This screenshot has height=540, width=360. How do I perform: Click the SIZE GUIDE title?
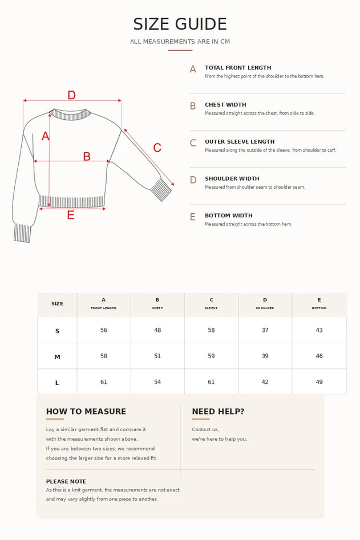180,24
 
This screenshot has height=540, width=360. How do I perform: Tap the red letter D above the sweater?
71,95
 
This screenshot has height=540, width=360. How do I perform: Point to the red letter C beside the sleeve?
157,148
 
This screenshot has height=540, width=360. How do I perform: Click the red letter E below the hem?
71,215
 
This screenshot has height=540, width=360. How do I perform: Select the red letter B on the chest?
87,156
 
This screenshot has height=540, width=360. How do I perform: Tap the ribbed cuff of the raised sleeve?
161,189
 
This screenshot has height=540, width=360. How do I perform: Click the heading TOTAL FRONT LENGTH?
238,68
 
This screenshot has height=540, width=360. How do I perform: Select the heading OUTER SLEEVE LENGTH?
240,141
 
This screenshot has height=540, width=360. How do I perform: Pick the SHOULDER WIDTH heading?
232,178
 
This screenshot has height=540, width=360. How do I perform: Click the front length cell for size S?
104,330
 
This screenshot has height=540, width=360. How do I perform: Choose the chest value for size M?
157,356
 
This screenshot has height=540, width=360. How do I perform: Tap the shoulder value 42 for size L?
265,381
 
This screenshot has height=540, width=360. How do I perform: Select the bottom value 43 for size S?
319,330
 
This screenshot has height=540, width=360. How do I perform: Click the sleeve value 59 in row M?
211,356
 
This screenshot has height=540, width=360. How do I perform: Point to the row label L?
57,383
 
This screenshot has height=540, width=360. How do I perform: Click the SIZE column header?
57,304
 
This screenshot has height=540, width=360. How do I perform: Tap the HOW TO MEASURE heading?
86,411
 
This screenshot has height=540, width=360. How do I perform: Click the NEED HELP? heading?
218,411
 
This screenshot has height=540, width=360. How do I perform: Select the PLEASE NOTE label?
66,481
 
